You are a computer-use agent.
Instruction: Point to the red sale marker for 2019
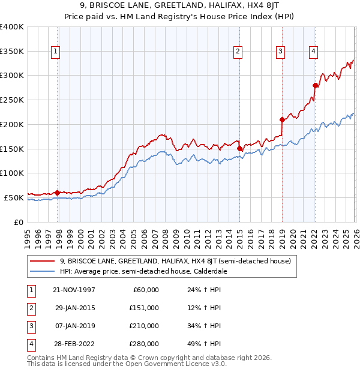[x=281, y=119]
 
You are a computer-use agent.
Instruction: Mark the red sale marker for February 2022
[x=314, y=85]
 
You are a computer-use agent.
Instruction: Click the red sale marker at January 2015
[x=239, y=148]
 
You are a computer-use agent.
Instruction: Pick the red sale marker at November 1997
[x=58, y=193]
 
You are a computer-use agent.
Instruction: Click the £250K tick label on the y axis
[x=11, y=100]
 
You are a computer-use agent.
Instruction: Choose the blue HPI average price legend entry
[x=142, y=271]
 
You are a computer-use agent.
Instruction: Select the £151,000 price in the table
[x=144, y=308]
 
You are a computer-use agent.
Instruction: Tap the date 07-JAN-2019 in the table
[x=75, y=326]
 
